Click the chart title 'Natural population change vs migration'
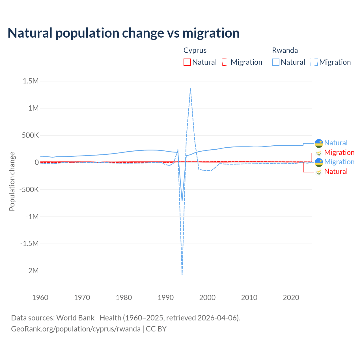tap(124, 33)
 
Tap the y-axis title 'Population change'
tap(12, 181)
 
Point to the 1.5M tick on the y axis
tap(31, 81)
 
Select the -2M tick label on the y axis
tap(32, 271)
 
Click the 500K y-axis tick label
tap(30, 135)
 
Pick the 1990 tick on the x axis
tap(165, 298)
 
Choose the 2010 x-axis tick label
tap(249, 298)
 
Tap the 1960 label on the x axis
tap(40, 298)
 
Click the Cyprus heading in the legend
tap(195, 50)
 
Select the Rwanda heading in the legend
tap(285, 50)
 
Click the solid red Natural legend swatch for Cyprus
tap(187, 62)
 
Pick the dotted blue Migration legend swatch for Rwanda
tap(314, 62)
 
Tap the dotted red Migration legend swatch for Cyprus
tap(226, 62)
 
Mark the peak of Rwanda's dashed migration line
tap(190, 88)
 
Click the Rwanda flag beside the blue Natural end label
tap(319, 143)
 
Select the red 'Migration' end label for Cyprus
tap(339, 152)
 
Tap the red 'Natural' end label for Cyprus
tap(336, 171)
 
